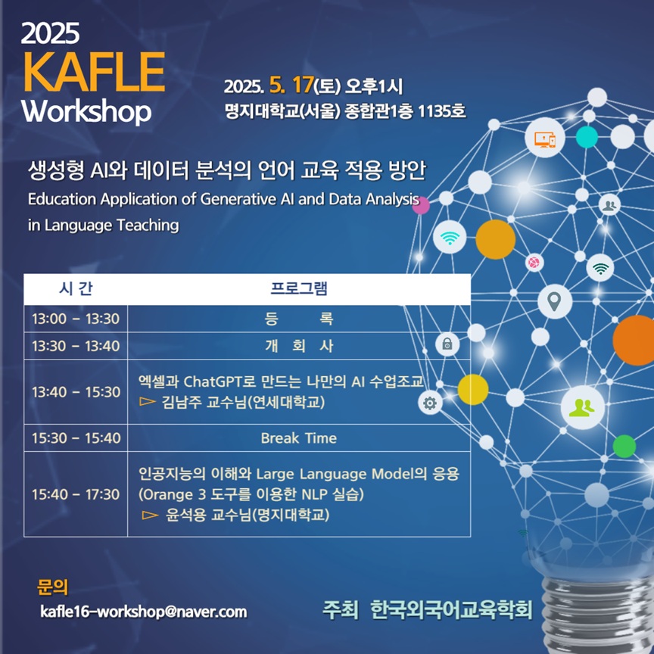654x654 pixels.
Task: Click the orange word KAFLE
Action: tap(95, 71)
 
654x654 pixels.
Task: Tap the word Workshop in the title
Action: tap(86, 112)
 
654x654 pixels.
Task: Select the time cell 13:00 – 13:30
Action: tap(76, 319)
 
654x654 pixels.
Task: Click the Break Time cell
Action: tap(299, 438)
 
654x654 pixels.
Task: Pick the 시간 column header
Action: tap(76, 288)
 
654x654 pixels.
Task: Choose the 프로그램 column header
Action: tap(299, 288)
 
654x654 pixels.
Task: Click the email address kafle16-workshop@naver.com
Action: tap(144, 612)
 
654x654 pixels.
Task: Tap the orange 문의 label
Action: tap(52, 587)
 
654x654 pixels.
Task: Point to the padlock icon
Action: tap(447, 344)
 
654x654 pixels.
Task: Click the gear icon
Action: tap(430, 403)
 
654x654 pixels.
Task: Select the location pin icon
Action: tap(554, 301)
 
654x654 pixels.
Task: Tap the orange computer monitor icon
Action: tap(545, 139)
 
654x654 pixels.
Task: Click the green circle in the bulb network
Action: tap(624, 447)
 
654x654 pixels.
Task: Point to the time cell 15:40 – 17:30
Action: tap(76, 494)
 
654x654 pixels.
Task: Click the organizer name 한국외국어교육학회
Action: tap(451, 610)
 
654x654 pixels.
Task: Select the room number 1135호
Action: tap(441, 111)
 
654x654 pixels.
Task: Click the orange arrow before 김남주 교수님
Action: tap(148, 402)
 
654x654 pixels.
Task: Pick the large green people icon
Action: tap(583, 407)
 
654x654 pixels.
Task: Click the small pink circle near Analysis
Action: tap(421, 205)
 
